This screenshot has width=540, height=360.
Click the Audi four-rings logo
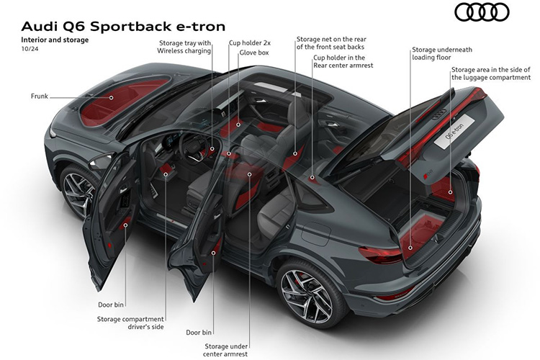pyautogui.click(x=482, y=12)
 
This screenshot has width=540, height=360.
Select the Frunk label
pyautogui.click(x=40, y=96)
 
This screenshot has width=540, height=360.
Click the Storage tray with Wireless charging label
pyautogui.click(x=185, y=47)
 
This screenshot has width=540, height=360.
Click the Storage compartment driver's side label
pyautogui.click(x=130, y=323)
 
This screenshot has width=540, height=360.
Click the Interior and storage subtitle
pyautogui.click(x=55, y=40)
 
